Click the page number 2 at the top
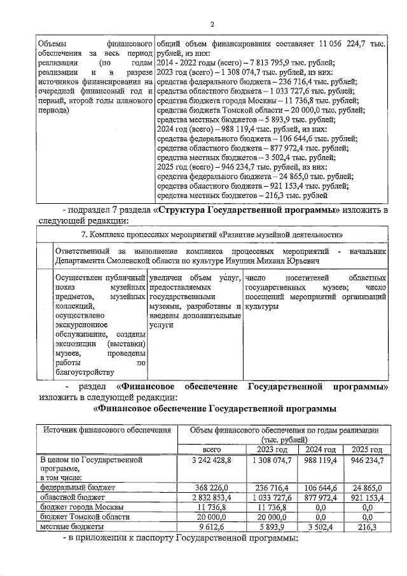pos(212,24)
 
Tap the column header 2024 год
pos(320,450)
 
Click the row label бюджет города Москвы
pos(82,507)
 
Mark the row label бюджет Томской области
pos(84,517)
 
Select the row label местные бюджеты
pos(71,526)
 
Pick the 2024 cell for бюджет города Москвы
pos(320,507)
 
